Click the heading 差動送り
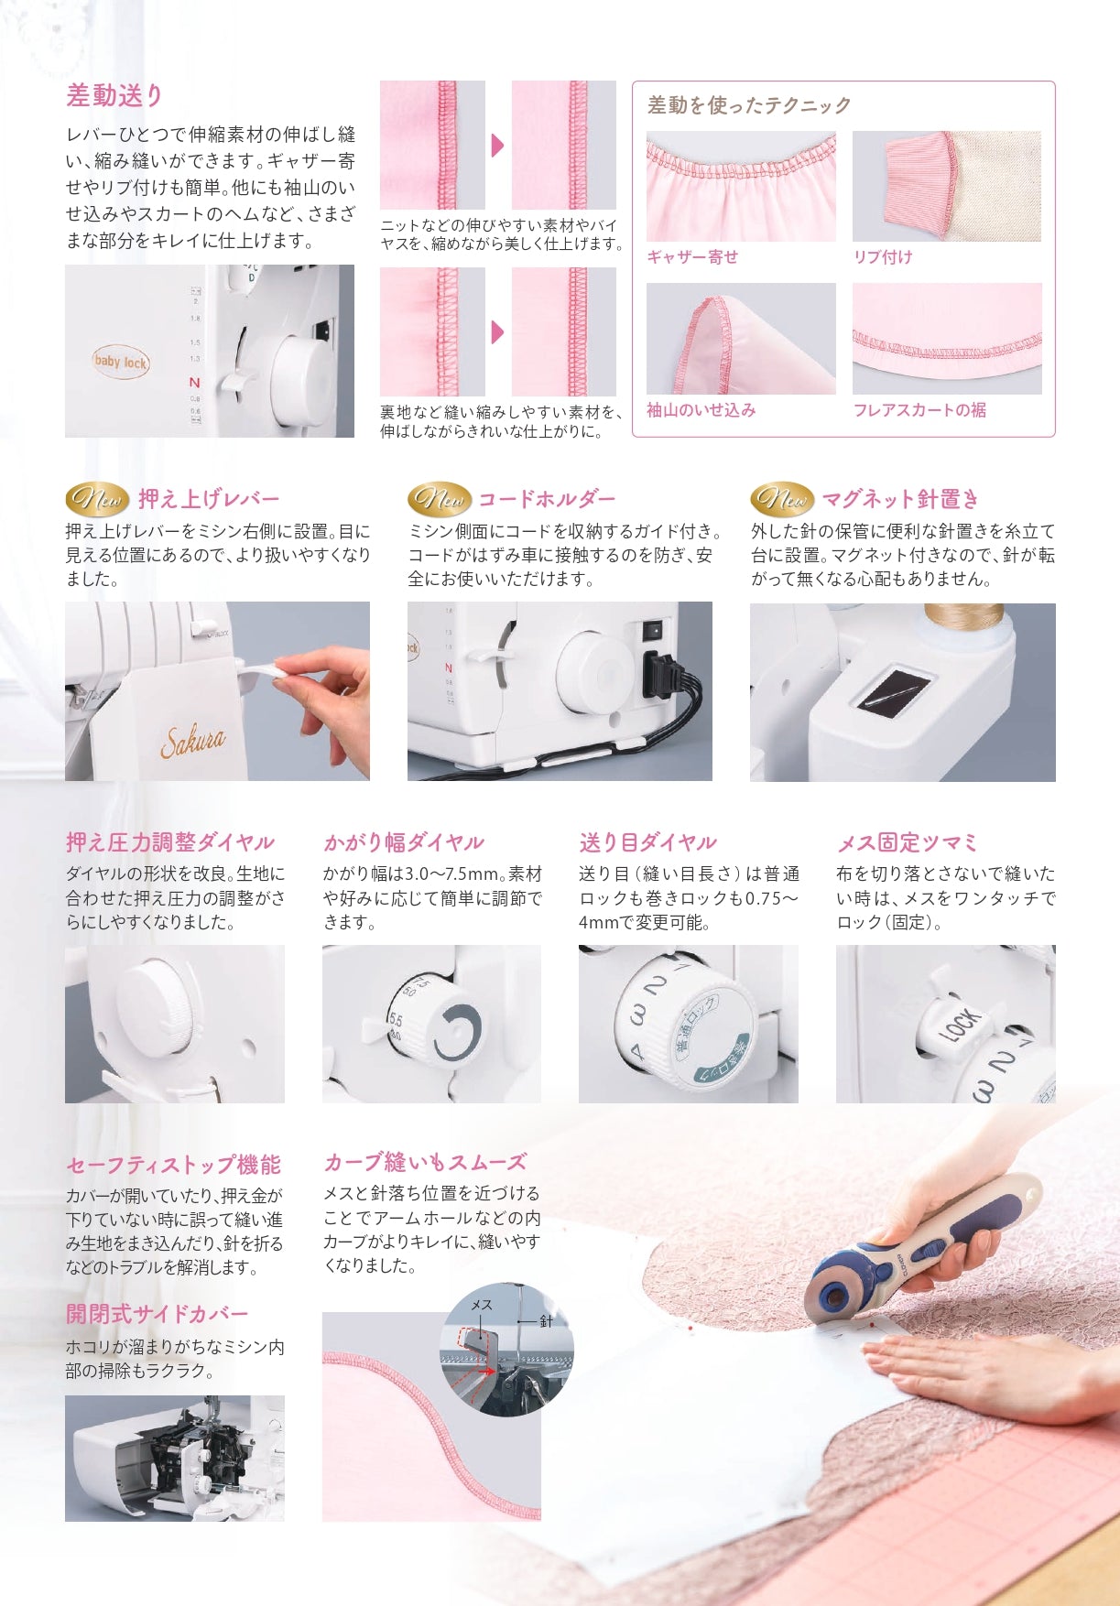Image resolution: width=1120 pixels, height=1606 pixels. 114,95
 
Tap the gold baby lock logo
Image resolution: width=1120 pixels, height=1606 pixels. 120,362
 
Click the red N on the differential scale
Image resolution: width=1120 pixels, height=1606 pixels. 194,383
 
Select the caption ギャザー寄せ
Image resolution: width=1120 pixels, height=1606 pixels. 692,257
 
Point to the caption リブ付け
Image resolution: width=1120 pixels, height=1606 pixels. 883,257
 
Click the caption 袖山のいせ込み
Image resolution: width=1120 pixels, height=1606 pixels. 701,410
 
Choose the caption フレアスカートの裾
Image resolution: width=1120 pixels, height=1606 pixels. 919,410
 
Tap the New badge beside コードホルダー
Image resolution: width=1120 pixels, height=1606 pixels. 440,499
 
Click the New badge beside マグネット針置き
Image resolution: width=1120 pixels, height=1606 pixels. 782,499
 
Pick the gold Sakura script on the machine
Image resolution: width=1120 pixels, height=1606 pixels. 192,740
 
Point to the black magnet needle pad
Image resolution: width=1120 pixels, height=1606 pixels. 893,686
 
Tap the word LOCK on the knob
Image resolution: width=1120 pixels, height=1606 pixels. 961,1026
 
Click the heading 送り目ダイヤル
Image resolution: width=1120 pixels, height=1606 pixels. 648,842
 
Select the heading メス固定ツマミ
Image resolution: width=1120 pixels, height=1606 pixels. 908,842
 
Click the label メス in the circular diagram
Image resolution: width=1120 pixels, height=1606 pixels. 482,1305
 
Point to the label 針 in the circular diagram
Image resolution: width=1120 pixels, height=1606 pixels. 546,1321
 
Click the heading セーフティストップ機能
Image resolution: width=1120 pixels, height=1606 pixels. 173,1165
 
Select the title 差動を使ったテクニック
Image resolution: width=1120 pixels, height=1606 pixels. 749,105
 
